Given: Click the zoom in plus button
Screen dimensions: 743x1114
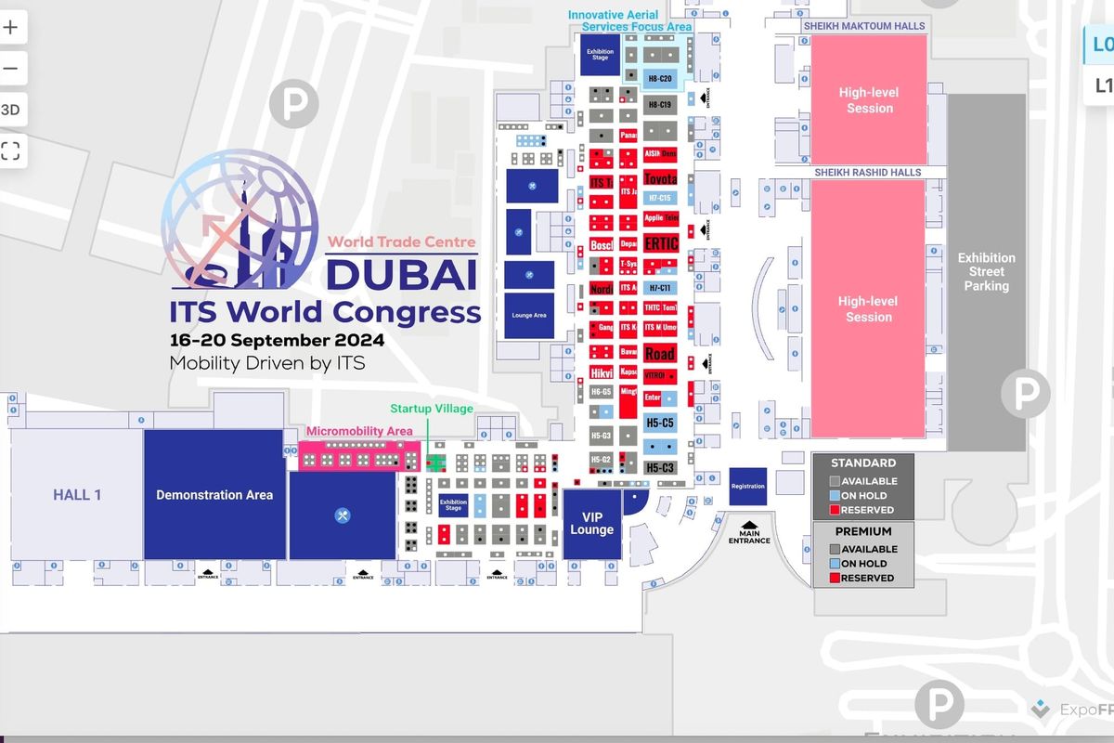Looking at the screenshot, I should click(x=11, y=27).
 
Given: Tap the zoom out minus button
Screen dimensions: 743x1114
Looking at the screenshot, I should click(x=11, y=68).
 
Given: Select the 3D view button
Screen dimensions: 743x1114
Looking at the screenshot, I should click(x=11, y=110).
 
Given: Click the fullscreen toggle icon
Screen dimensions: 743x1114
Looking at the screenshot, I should click(x=11, y=150).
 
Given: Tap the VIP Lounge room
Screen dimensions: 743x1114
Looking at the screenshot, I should click(x=592, y=524).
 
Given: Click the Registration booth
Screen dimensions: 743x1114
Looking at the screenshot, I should click(x=747, y=486).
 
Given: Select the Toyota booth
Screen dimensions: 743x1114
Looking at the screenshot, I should click(x=660, y=178).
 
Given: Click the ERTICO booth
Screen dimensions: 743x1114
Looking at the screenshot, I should click(x=660, y=243).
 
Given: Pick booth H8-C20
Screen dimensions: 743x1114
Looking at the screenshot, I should click(x=660, y=79).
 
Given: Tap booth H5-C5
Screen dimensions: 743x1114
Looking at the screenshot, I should click(x=660, y=423).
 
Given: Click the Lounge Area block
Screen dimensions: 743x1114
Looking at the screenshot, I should click(x=528, y=316).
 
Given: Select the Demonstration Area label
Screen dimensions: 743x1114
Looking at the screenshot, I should click(x=214, y=495).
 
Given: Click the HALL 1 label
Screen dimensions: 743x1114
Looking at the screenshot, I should click(x=77, y=495).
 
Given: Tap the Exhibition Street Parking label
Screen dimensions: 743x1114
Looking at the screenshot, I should click(x=986, y=272).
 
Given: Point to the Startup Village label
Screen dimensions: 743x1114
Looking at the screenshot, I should click(x=432, y=409).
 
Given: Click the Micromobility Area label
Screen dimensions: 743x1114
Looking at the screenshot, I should click(x=359, y=432).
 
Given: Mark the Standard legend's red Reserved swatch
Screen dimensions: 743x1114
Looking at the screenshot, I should click(x=835, y=510).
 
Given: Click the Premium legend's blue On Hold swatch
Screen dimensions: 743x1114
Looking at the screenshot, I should click(x=835, y=564).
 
